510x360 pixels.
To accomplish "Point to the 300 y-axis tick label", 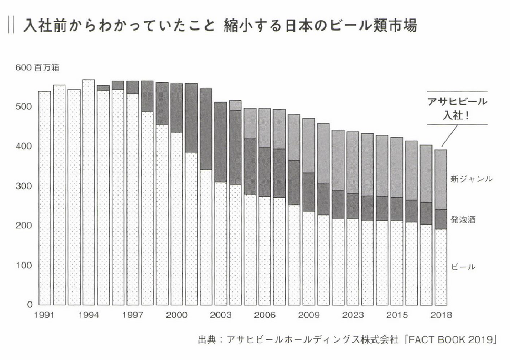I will [25, 186].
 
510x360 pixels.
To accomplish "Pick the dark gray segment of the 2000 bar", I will [176, 108].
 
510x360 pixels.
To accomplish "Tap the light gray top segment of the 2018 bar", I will [440, 179].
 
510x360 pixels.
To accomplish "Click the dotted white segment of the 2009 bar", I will [309, 258].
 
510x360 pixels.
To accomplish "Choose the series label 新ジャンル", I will [472, 179].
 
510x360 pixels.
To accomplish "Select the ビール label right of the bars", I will [464, 267].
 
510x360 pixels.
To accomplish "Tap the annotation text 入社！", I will [457, 115].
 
